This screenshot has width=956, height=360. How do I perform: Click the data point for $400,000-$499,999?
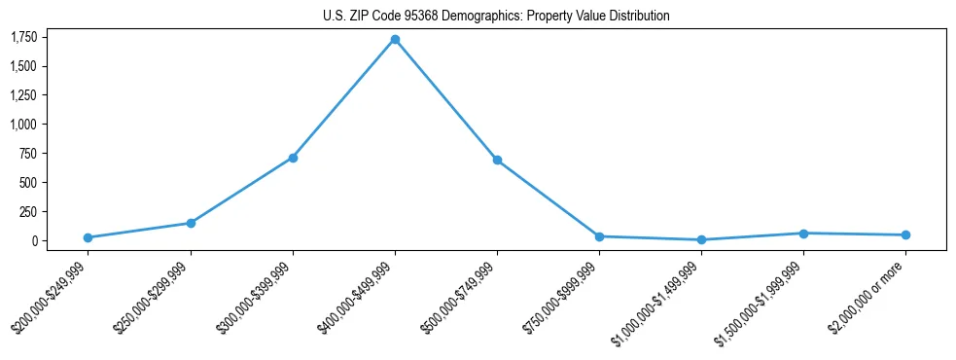click(x=395, y=40)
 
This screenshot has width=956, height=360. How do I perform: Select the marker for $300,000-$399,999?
click(x=293, y=158)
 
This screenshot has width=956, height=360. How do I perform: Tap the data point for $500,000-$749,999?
click(x=497, y=160)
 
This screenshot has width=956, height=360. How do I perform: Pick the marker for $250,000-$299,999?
click(x=191, y=223)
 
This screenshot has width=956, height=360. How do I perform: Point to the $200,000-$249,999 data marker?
click(x=88, y=237)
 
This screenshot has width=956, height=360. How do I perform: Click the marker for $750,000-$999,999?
click(x=599, y=236)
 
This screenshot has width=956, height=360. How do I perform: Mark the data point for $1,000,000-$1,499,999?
click(x=701, y=239)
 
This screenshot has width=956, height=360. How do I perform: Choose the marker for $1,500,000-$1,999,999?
click(x=803, y=234)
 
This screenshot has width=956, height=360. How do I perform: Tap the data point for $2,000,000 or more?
click(x=905, y=234)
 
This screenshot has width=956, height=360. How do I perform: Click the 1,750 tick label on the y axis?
click(x=24, y=37)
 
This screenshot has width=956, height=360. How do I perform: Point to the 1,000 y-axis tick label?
click(x=24, y=125)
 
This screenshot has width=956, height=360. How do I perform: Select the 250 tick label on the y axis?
click(x=28, y=211)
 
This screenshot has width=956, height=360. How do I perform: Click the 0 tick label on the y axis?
click(x=34, y=240)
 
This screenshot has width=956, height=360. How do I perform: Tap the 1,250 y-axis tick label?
click(x=24, y=95)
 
